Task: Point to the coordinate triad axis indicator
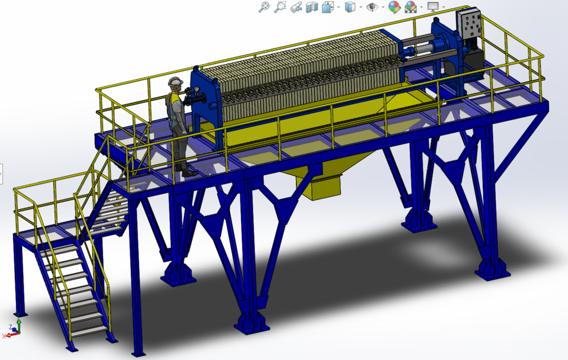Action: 14,329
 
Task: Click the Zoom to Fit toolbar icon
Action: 264,7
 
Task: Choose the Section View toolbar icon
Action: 312,7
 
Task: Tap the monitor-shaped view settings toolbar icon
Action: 433,7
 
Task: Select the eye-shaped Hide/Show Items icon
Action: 372,7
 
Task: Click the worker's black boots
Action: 188,172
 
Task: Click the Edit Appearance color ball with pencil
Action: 394,7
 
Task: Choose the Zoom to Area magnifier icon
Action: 280,7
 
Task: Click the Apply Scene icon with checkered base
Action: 411,7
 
